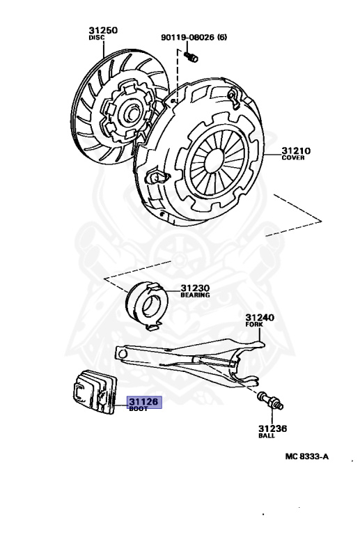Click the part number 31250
pos(103,31)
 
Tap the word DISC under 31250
pos(97,38)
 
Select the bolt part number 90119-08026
pos(188,37)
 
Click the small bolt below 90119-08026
pos(191,56)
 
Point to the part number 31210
pos(296,150)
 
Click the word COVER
pos(293,157)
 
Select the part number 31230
pos(195,288)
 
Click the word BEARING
pos(195,295)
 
